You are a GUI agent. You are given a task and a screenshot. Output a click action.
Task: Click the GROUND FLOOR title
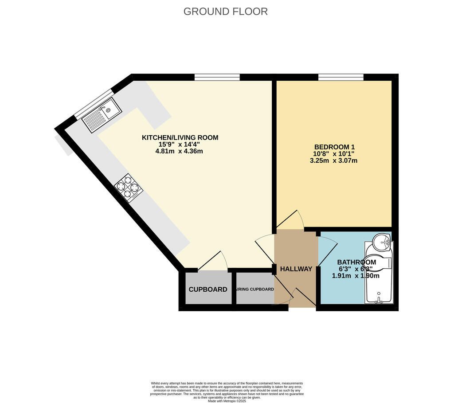tap(225, 12)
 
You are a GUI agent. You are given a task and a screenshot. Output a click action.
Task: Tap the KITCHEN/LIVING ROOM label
tap(180, 137)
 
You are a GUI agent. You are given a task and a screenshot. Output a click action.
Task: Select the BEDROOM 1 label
tap(334, 147)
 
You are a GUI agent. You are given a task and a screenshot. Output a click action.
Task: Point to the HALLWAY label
tap(296, 269)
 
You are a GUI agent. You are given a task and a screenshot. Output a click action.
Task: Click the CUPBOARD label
tap(208, 290)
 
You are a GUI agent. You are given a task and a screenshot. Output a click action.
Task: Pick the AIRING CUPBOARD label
tap(255, 290)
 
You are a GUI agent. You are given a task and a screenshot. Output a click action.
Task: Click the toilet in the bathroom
tap(378, 262)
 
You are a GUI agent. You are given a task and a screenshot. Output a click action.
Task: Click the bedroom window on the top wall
tap(341, 78)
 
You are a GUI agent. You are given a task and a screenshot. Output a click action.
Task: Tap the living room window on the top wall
tap(217, 78)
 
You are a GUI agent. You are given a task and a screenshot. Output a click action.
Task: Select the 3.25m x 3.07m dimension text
tap(333, 160)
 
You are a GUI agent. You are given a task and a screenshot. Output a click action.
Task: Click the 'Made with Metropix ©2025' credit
tap(227, 401)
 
